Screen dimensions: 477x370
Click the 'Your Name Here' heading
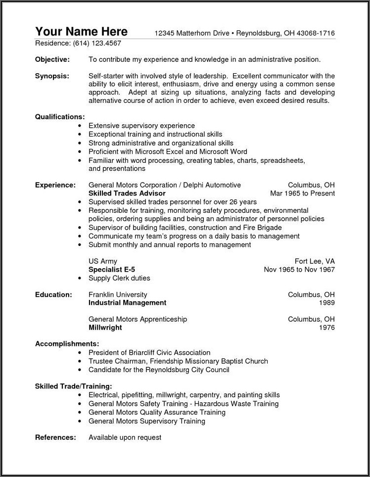pos(82,32)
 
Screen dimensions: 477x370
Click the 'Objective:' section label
pos(52,60)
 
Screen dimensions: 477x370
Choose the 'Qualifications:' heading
pos(60,117)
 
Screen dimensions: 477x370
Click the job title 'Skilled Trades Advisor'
pos(127,193)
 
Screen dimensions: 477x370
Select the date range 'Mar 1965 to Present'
pos(302,193)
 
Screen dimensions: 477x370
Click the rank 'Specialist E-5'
pos(113,270)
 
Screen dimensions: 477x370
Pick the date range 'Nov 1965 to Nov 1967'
pos(299,270)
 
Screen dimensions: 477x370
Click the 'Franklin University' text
pos(119,294)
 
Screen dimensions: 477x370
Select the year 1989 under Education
pos(326,303)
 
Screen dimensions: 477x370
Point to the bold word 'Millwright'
pos(105,328)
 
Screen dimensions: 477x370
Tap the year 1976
pos(326,328)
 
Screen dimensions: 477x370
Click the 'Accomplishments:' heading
pos(67,343)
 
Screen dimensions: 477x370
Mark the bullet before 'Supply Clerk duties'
pos(80,279)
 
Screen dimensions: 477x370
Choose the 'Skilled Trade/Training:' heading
pos(73,385)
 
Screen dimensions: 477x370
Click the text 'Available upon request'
pos(125,437)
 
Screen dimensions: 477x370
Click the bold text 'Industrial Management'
pos(127,303)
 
